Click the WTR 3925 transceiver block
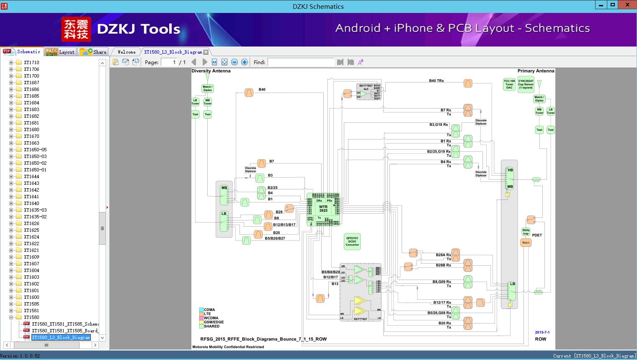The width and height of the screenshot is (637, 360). [323, 209]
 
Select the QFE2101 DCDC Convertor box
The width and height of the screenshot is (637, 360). [352, 241]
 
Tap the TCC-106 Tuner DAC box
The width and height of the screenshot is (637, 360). [509, 84]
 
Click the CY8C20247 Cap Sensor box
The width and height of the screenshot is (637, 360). [526, 84]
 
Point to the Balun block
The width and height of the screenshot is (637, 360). [526, 243]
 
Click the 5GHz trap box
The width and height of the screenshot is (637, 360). [526, 232]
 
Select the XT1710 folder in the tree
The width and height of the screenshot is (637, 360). [31, 62]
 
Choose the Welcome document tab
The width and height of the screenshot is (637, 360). [126, 52]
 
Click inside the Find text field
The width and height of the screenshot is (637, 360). [301, 62]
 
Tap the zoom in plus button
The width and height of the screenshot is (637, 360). [245, 62]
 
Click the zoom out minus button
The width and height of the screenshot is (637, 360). [235, 62]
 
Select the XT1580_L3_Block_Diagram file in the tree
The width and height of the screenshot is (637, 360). [61, 337]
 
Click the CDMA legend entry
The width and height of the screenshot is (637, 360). [209, 310]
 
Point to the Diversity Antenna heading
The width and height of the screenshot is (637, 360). [211, 71]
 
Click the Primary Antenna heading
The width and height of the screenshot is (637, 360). [536, 71]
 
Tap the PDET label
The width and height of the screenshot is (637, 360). [537, 235]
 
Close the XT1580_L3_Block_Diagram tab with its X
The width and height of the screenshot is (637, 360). [206, 52]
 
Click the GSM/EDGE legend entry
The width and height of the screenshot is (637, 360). [214, 322]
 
